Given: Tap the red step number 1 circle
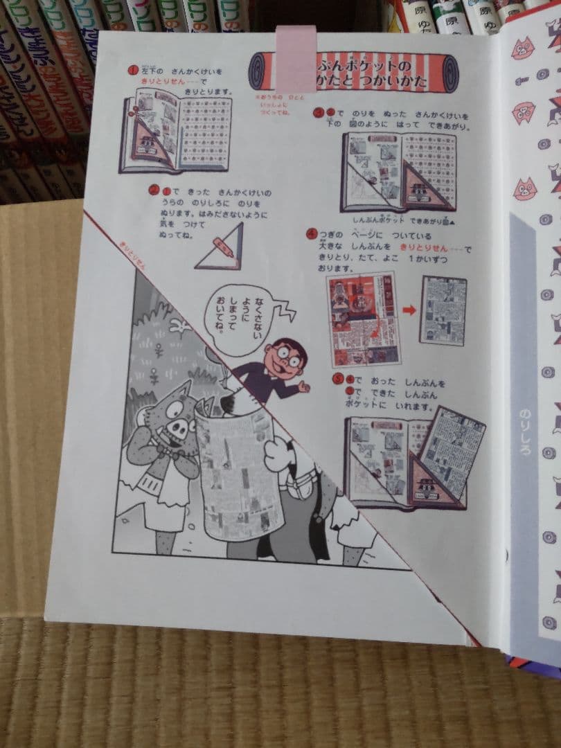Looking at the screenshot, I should point(132,71).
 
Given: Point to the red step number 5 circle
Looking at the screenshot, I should point(337,378).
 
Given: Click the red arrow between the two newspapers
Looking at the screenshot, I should point(409,310).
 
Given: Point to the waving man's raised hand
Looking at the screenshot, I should point(303,387).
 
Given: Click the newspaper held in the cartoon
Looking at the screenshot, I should point(235,471).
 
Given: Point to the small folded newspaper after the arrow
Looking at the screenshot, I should point(443,310).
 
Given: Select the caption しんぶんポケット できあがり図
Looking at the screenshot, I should point(398,220).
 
